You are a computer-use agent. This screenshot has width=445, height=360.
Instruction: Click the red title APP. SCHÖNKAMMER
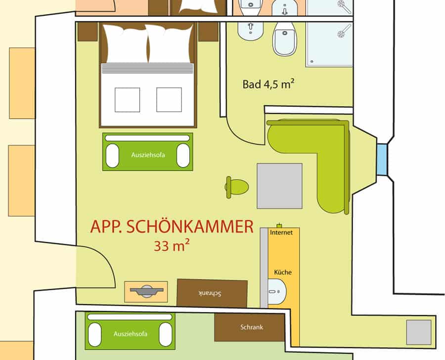coord(172,226)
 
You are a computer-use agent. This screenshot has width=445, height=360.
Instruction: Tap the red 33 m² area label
coord(172,246)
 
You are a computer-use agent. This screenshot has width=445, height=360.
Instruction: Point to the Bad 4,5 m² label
coord(268,84)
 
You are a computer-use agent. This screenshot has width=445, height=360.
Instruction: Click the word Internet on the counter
coord(281,232)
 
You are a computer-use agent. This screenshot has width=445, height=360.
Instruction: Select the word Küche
coord(283,272)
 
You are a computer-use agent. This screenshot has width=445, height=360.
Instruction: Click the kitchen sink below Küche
coord(277,292)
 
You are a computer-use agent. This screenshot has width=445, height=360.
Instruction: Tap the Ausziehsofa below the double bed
coord(147,152)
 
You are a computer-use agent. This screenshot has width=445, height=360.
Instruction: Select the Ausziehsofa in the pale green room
coord(130,331)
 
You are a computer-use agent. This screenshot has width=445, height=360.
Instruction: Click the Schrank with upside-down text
coord(212,293)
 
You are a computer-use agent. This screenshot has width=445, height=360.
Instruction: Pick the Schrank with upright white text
coord(250,327)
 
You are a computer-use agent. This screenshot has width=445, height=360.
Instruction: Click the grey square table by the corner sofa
coord(279,186)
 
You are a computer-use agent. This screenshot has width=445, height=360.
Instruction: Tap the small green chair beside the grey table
coord(237,187)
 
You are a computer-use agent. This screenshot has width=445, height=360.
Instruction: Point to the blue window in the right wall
coord(382,160)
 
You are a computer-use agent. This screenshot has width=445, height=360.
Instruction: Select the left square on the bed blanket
coord(127,100)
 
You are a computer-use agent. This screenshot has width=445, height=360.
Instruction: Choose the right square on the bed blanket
coord(169,100)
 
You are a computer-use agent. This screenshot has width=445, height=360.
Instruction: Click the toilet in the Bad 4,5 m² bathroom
coord(285,39)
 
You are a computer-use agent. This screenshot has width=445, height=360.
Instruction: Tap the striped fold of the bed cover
coord(147,68)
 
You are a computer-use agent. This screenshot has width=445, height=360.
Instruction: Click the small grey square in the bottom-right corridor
coord(419,332)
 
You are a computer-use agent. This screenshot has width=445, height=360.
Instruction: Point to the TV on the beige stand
coord(147,291)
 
